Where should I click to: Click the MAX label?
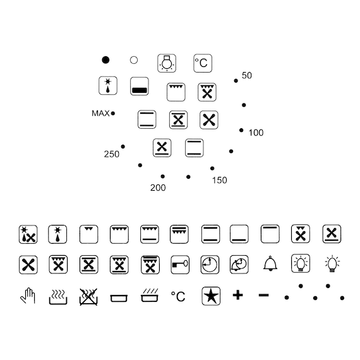(100, 113)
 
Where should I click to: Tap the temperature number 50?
(247, 75)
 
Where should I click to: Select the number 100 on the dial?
(256, 133)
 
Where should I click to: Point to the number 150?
(220, 180)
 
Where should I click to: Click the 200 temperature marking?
(158, 188)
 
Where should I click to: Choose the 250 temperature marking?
(112, 154)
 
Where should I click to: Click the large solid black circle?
(105, 60)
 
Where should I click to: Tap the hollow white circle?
(134, 60)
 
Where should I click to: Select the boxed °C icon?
(203, 63)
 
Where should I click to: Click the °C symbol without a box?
(178, 296)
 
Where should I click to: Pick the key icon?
(180, 265)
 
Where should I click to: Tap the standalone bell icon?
(270, 263)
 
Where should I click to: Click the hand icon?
(28, 296)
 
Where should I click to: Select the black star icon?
(211, 296)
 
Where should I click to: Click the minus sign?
(263, 295)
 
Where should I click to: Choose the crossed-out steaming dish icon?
(88, 297)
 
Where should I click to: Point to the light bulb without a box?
(332, 264)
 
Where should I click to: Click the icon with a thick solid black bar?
(140, 87)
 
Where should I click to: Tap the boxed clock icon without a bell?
(210, 265)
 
